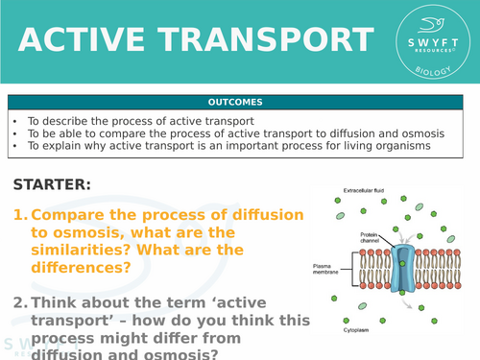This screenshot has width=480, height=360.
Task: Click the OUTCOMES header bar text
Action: coord(238,102)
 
